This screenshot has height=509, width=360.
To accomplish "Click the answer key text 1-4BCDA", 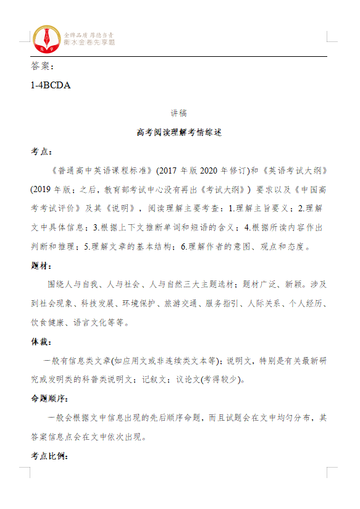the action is pyautogui.click(x=50, y=85).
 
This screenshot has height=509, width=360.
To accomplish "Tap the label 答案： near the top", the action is pyautogui.click(x=43, y=66).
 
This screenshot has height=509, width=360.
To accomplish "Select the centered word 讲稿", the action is pyautogui.click(x=178, y=113).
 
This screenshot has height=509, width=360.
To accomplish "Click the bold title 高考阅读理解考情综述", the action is pyautogui.click(x=178, y=132).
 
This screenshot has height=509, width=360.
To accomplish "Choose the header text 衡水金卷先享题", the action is pyautogui.click(x=90, y=42).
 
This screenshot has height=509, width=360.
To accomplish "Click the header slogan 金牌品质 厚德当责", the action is pyautogui.click(x=90, y=34).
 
